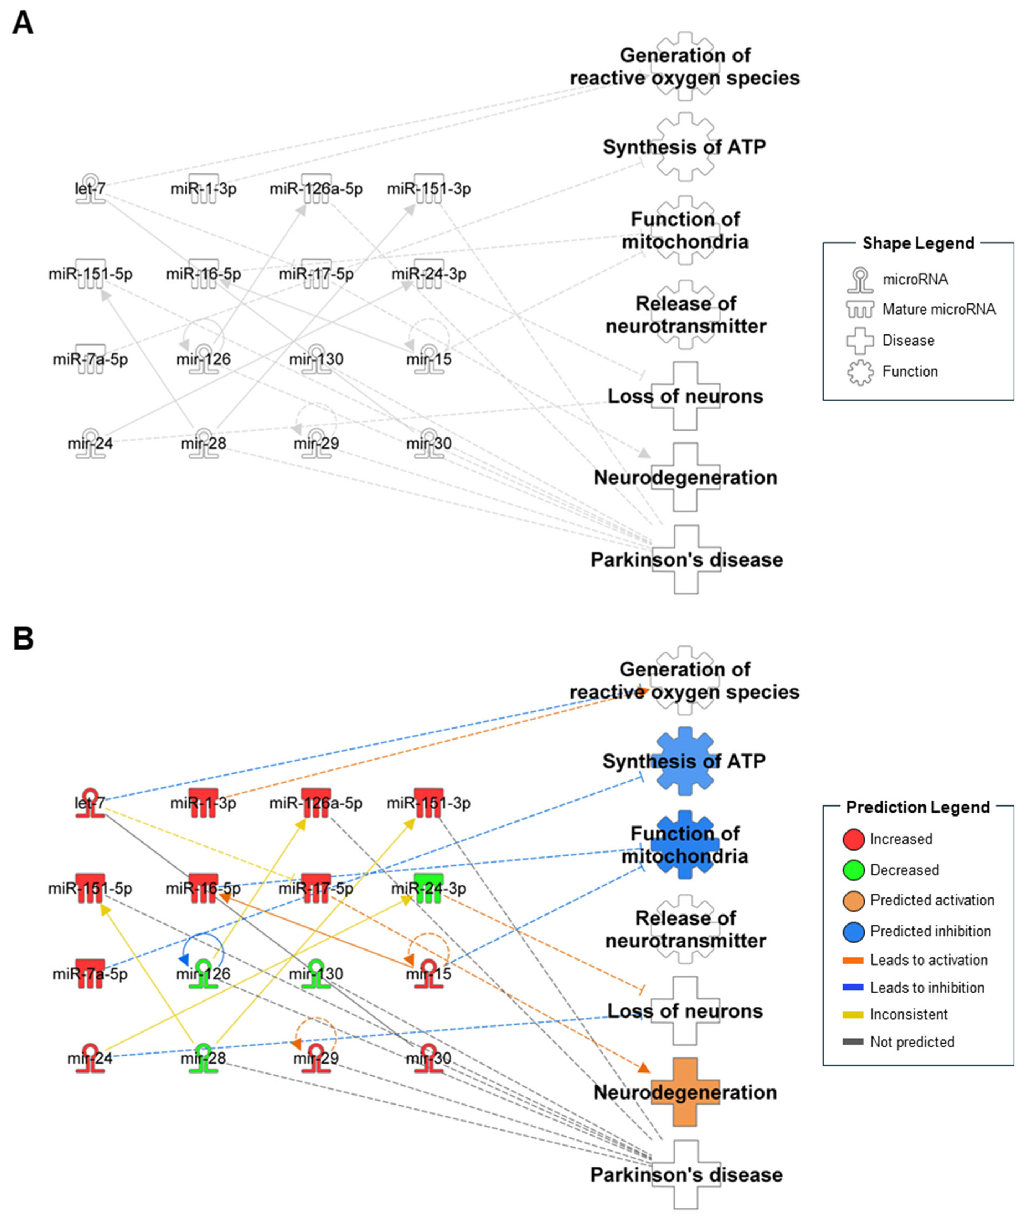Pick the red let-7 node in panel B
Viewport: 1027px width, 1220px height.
90,803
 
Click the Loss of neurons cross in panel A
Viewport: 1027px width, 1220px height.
685,396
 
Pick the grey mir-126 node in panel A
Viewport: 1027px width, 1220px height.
203,359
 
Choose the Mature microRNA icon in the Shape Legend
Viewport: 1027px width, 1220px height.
860,309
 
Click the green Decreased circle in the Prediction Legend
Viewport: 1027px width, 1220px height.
853,870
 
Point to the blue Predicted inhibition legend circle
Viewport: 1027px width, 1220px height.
853,931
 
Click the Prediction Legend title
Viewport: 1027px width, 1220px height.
918,807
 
